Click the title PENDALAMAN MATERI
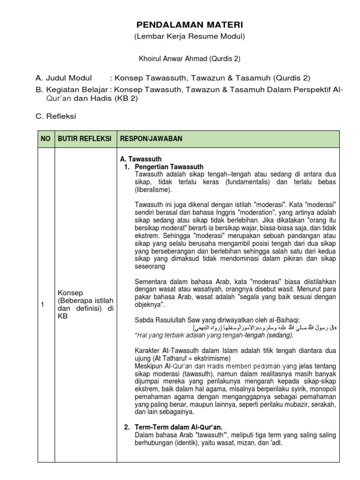(x=189, y=24)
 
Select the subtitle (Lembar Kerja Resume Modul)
(x=189, y=36)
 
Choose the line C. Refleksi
(x=56, y=116)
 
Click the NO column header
(x=45, y=139)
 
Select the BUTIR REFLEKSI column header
(x=84, y=139)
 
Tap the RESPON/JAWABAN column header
(x=151, y=139)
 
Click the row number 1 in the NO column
(x=42, y=305)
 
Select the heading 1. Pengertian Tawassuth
(x=169, y=167)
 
